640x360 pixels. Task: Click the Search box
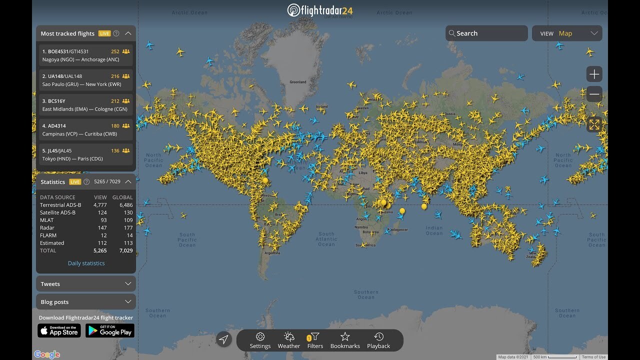486,33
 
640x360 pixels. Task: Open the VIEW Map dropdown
567,33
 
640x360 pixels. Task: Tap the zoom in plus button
594,74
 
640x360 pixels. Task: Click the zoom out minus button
594,94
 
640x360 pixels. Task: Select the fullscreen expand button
594,124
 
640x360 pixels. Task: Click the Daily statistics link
86,263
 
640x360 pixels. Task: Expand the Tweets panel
86,284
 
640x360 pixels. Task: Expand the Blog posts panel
86,302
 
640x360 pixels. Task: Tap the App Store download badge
59,330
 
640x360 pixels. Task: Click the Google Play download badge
110,330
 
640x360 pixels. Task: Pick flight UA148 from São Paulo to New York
86,80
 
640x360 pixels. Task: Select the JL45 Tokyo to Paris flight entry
86,154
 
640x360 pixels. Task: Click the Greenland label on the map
298,82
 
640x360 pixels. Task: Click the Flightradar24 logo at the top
320,10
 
